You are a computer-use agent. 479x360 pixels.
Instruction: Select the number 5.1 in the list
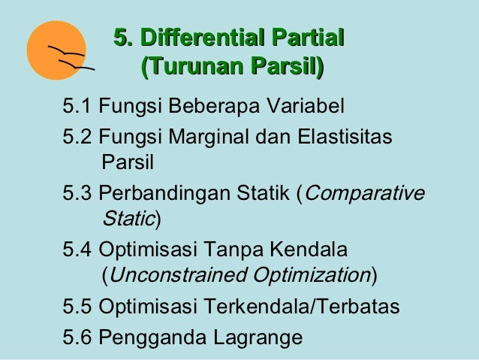[x=77, y=104]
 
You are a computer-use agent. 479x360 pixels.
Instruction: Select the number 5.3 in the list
[x=77, y=194]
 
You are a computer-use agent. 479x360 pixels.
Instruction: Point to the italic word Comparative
[x=366, y=194]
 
